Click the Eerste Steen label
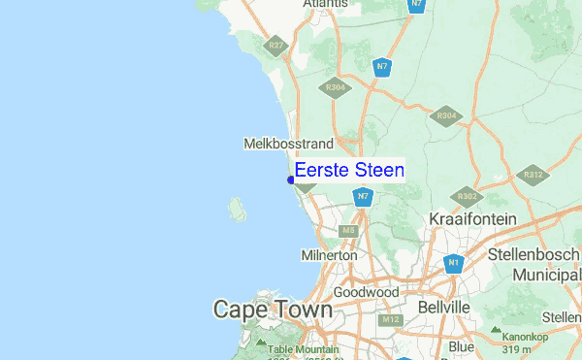[349, 170]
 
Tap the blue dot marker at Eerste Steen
[291, 180]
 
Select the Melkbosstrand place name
[281, 144]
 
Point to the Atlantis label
[325, 5]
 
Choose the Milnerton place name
[330, 254]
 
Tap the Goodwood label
[366, 292]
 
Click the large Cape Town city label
[273, 311]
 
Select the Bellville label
[442, 307]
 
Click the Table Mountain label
[302, 349]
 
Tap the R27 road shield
[277, 46]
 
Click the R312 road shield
[532, 176]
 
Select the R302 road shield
[467, 195]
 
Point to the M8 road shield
[349, 231]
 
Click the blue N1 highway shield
[453, 263]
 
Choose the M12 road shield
[391, 319]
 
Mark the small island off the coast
[236, 208]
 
